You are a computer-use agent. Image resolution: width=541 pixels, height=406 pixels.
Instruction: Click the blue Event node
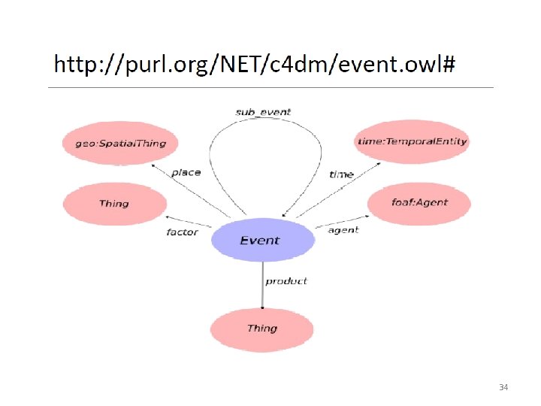(x=262, y=241)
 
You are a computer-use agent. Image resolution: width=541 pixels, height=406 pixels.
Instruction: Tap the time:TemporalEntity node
(x=411, y=141)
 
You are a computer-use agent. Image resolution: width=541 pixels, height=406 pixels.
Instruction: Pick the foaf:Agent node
(x=419, y=202)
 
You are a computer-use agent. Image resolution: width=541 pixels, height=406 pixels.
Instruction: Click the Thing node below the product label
(x=261, y=329)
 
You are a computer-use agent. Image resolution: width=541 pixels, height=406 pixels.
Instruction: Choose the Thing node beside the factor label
(x=114, y=204)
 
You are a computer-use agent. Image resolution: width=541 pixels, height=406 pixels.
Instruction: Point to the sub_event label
(x=262, y=112)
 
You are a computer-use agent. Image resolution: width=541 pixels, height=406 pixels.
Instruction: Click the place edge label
(x=186, y=172)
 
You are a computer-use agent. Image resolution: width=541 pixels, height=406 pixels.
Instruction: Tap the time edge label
(x=341, y=174)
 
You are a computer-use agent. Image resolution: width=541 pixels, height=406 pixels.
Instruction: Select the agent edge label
(x=343, y=230)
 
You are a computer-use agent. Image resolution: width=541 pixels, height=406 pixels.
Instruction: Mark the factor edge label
(x=182, y=232)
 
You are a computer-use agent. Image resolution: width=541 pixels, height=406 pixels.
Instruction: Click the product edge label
(x=286, y=281)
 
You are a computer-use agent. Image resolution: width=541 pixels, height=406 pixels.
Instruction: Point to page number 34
(x=503, y=387)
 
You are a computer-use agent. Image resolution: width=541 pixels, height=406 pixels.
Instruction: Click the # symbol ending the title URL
(x=449, y=65)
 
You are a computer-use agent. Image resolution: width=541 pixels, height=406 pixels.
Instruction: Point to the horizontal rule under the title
(x=270, y=88)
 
